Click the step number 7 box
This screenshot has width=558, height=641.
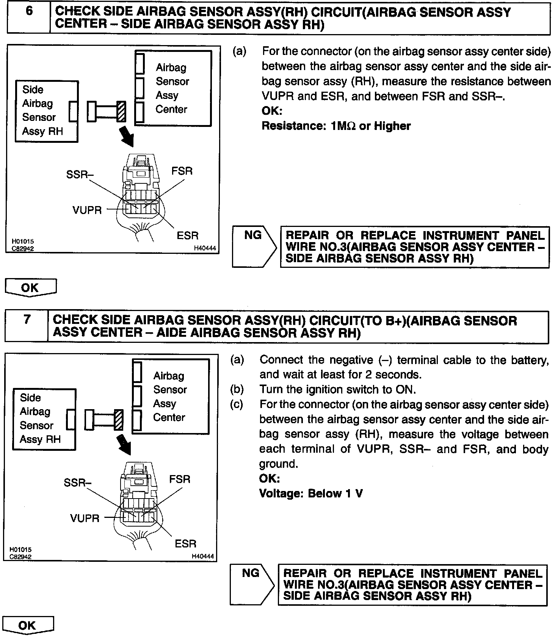click(27, 327)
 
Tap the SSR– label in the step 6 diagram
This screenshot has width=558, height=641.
click(80, 175)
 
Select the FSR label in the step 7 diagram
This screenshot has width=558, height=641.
click(180, 479)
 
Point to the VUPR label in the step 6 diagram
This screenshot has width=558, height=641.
click(87, 210)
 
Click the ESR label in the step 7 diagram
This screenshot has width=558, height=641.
click(185, 544)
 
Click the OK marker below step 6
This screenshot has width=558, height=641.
click(30, 288)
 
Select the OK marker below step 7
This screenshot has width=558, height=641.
click(28, 625)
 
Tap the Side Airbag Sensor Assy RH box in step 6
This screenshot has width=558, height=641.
click(46, 111)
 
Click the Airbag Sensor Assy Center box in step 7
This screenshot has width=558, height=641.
click(171, 396)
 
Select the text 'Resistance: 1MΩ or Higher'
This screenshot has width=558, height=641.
click(336, 126)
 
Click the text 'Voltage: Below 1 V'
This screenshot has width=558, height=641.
click(311, 494)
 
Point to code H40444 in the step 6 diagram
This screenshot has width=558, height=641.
click(205, 249)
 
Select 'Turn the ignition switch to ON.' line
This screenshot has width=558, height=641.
click(337, 389)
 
